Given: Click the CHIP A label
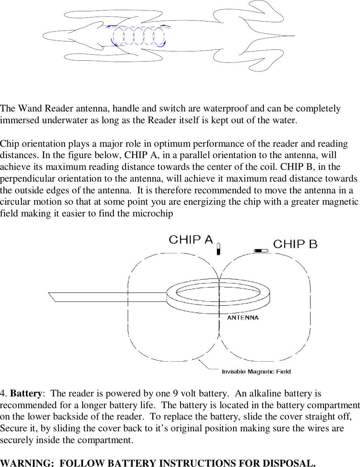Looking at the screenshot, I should pos(191,240).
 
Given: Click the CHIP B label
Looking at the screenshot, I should pos(295,244).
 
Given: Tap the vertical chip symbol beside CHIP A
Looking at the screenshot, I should pos(219,249).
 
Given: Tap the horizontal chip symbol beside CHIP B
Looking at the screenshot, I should pos(261,251).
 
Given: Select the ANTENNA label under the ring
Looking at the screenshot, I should pos(243,318).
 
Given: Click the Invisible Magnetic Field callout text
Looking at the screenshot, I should pos(256,371).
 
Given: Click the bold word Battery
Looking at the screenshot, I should pos(26,394).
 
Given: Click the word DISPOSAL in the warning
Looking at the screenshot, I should pos(288,463).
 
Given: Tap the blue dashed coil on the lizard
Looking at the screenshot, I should pos(139,36).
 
